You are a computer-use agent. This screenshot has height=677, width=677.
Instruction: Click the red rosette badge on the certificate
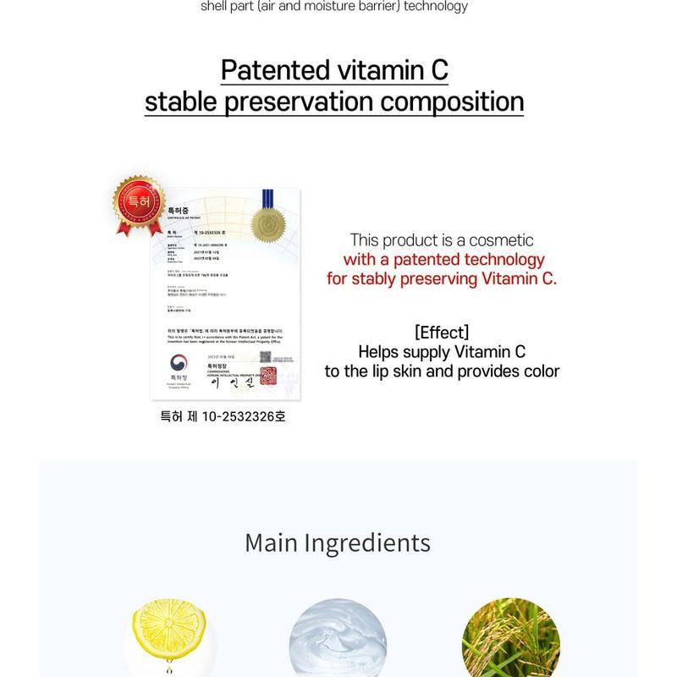(137, 203)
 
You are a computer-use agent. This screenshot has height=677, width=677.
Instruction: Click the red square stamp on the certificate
(268, 376)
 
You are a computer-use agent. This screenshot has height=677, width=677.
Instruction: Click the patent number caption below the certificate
(223, 416)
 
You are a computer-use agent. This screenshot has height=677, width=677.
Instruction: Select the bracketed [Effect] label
(442, 332)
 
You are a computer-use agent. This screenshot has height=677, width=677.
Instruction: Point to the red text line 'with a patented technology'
(443, 260)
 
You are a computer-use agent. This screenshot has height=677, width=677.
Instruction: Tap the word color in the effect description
(539, 372)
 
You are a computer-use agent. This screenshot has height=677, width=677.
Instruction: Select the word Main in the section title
(272, 542)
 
